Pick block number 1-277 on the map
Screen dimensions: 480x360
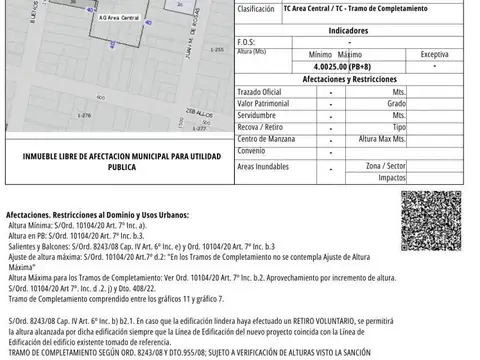pos(201,128)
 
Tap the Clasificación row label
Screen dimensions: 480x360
pos(257,10)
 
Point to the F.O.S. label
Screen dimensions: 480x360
pos(247,42)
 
